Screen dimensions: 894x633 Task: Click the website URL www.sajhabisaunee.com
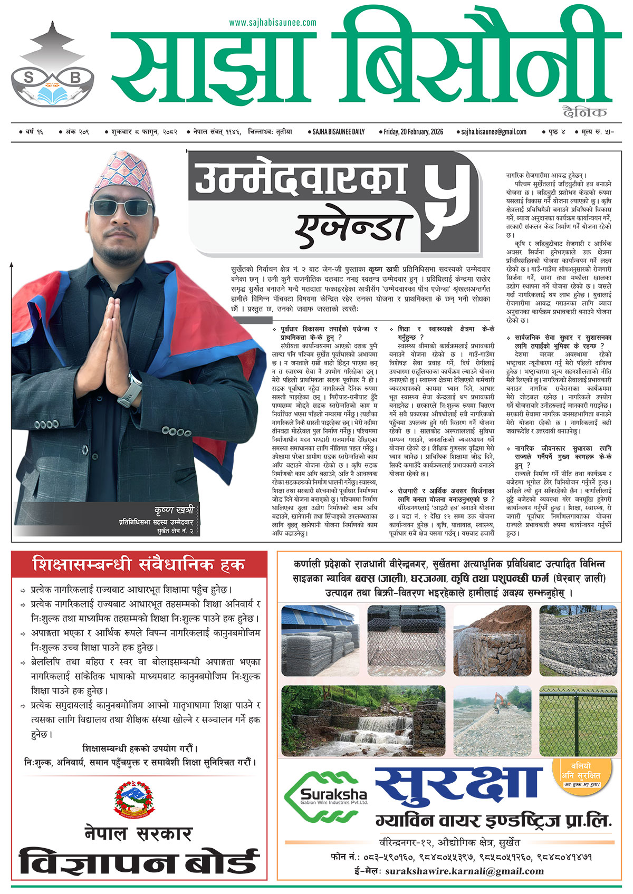(x=273, y=23)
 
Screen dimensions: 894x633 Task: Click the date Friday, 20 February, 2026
(x=413, y=132)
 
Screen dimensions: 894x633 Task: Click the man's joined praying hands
(x=117, y=338)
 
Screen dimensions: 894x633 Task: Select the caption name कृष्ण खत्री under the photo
(x=174, y=510)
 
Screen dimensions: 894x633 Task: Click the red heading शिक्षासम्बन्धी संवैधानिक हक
(x=139, y=565)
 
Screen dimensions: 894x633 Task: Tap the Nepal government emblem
(x=135, y=797)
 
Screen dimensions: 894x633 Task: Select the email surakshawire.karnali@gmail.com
(x=464, y=871)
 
